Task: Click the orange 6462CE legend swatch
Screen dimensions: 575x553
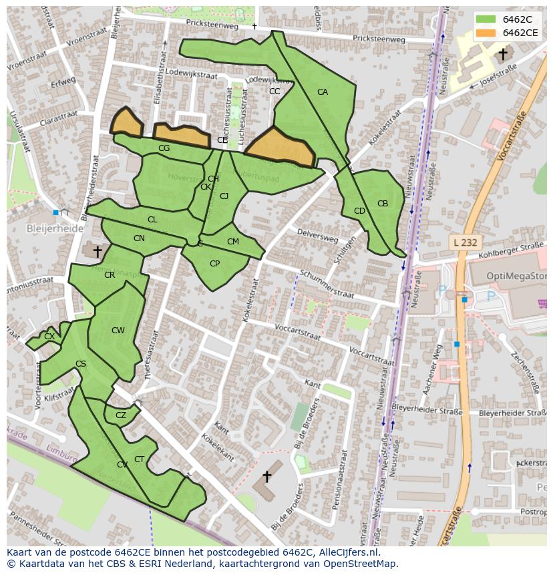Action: point(486,33)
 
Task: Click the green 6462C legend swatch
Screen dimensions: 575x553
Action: point(486,19)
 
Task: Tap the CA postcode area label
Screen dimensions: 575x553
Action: point(323,92)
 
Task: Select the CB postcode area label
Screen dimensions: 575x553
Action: point(383,204)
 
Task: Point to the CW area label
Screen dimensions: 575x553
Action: point(118,331)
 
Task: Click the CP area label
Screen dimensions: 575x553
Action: point(214,264)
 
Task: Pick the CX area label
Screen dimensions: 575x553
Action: point(49,337)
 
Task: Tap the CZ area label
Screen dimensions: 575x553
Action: point(121,415)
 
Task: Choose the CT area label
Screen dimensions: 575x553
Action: point(139,459)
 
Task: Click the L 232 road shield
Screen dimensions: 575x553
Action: point(464,242)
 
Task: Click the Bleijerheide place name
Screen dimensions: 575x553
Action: point(55,228)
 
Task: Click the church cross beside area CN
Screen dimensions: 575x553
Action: point(98,251)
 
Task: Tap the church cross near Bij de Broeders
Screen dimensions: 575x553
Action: point(266,477)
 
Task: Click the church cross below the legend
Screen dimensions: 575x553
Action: point(503,53)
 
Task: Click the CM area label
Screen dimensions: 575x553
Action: point(233,242)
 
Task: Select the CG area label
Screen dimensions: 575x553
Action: point(164,148)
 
